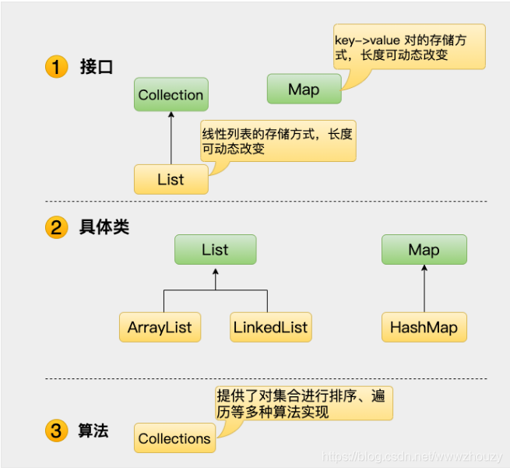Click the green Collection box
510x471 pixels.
(x=171, y=95)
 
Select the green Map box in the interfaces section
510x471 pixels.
(x=304, y=90)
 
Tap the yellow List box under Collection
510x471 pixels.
(x=171, y=179)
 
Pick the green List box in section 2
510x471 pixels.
(x=215, y=250)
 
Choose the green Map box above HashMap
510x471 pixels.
(x=424, y=250)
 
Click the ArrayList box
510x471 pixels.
(x=160, y=327)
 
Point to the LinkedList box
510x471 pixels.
(x=270, y=327)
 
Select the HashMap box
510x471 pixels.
(x=424, y=327)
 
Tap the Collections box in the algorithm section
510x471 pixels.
(x=174, y=438)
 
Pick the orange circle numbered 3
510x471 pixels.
(x=56, y=431)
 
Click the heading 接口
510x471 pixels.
(x=97, y=67)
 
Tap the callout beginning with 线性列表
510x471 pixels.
(x=277, y=141)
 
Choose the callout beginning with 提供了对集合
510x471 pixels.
(x=304, y=403)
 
